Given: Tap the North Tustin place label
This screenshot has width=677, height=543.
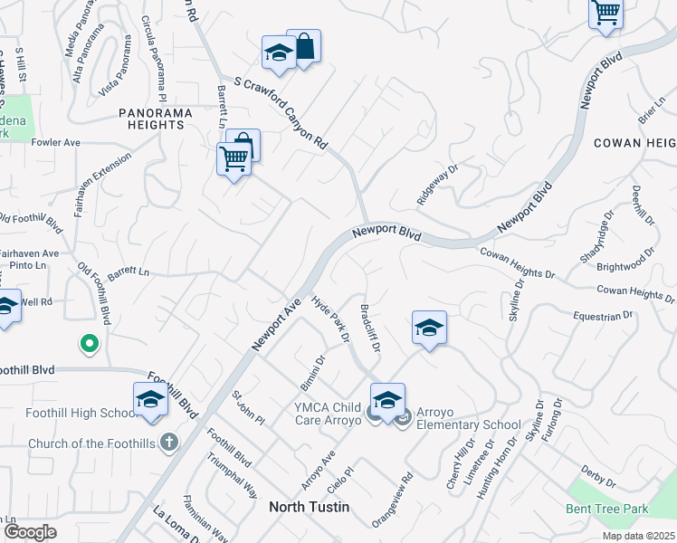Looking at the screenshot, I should [309, 507].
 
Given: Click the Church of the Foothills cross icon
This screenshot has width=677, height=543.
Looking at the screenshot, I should [167, 443].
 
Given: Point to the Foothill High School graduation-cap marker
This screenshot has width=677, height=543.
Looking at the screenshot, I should [150, 399].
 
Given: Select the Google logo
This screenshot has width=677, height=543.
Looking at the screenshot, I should [30, 532].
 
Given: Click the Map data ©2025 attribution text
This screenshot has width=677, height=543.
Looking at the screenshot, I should [638, 536].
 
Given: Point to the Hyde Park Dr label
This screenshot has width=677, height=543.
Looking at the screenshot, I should [329, 319].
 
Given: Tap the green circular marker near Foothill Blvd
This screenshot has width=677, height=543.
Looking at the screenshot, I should [89, 343].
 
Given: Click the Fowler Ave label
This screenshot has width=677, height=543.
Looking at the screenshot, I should [56, 143].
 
